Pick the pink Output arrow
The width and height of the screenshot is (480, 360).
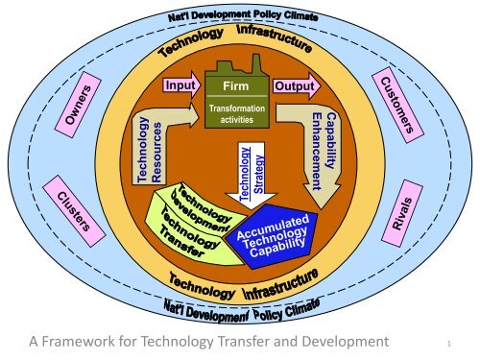click(x=293, y=87)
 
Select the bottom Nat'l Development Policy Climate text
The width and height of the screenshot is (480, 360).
click(x=240, y=309)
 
